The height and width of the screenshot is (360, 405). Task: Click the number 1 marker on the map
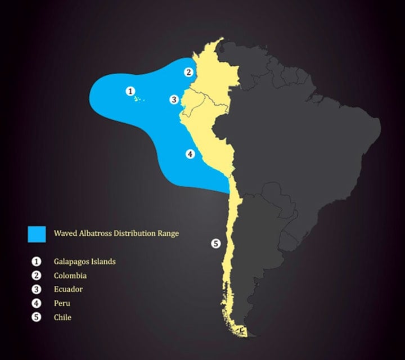coord(130,91)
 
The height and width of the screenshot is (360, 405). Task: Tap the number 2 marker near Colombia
coord(189,71)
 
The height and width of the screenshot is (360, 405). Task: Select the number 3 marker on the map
coord(174,100)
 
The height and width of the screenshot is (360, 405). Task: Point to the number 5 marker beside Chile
coord(215,244)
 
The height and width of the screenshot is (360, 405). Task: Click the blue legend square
coord(37,233)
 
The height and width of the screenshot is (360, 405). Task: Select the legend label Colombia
coord(70,276)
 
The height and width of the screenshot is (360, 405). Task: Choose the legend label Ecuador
coord(69,290)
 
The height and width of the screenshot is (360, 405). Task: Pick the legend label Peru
coord(62,303)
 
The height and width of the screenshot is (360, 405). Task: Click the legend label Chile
coord(63,317)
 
